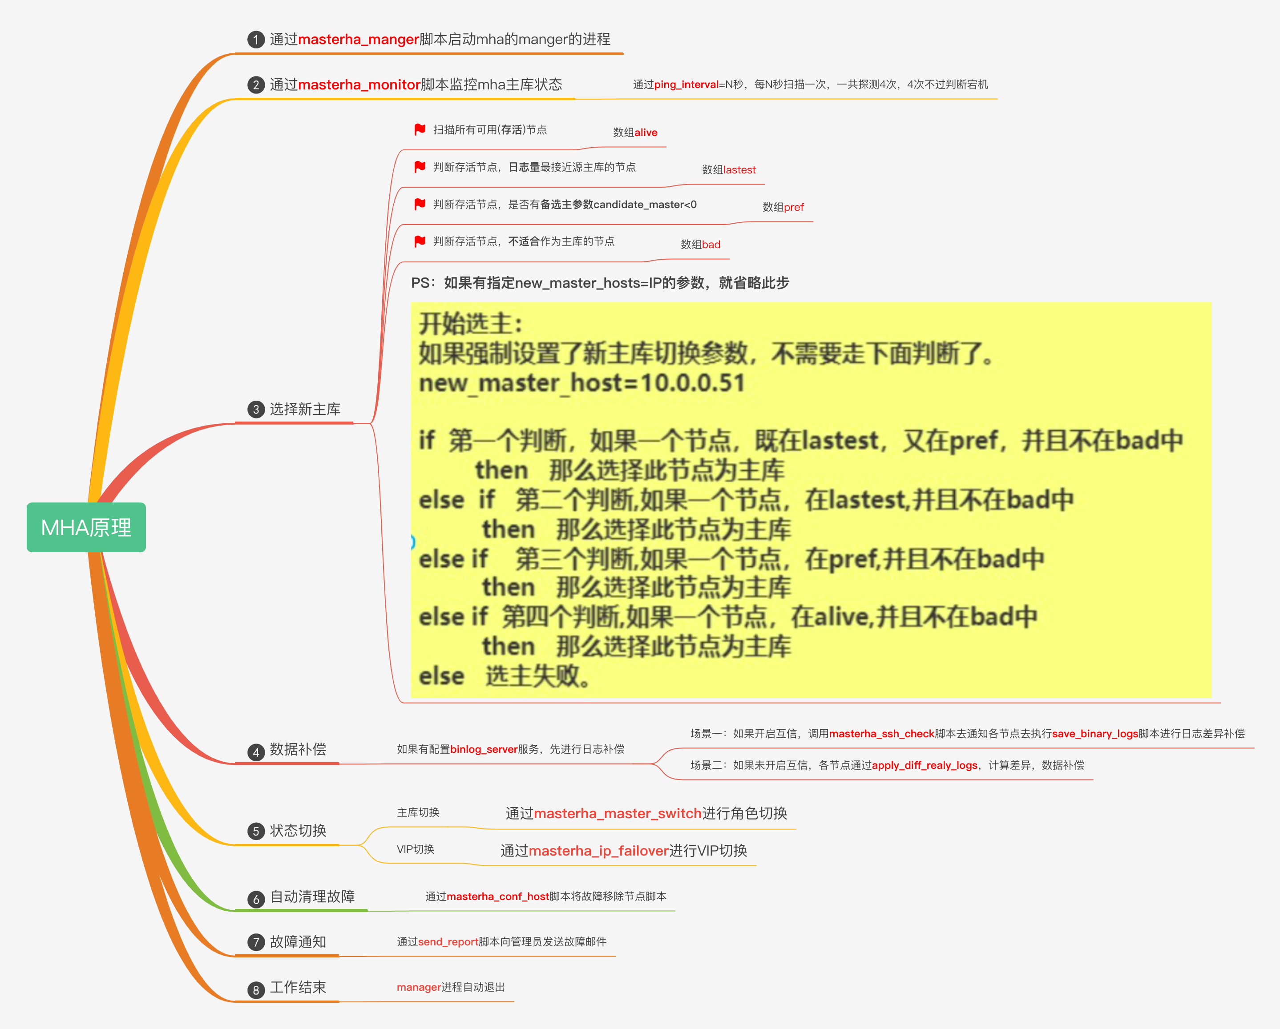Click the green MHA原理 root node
86,527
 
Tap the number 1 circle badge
256,40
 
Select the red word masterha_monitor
359,85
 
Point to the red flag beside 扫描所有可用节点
420,129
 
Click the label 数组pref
783,207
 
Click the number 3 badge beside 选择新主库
256,410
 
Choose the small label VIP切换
415,849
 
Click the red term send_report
448,942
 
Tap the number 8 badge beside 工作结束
256,990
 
